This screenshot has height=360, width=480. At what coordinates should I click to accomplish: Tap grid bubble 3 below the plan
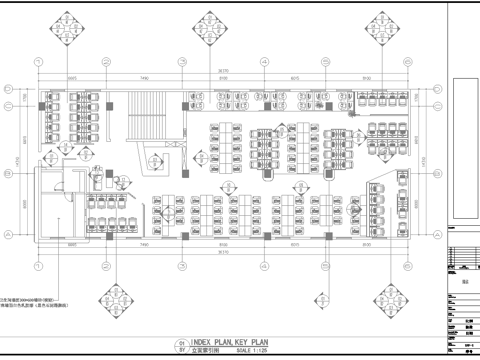(x=182, y=266)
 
